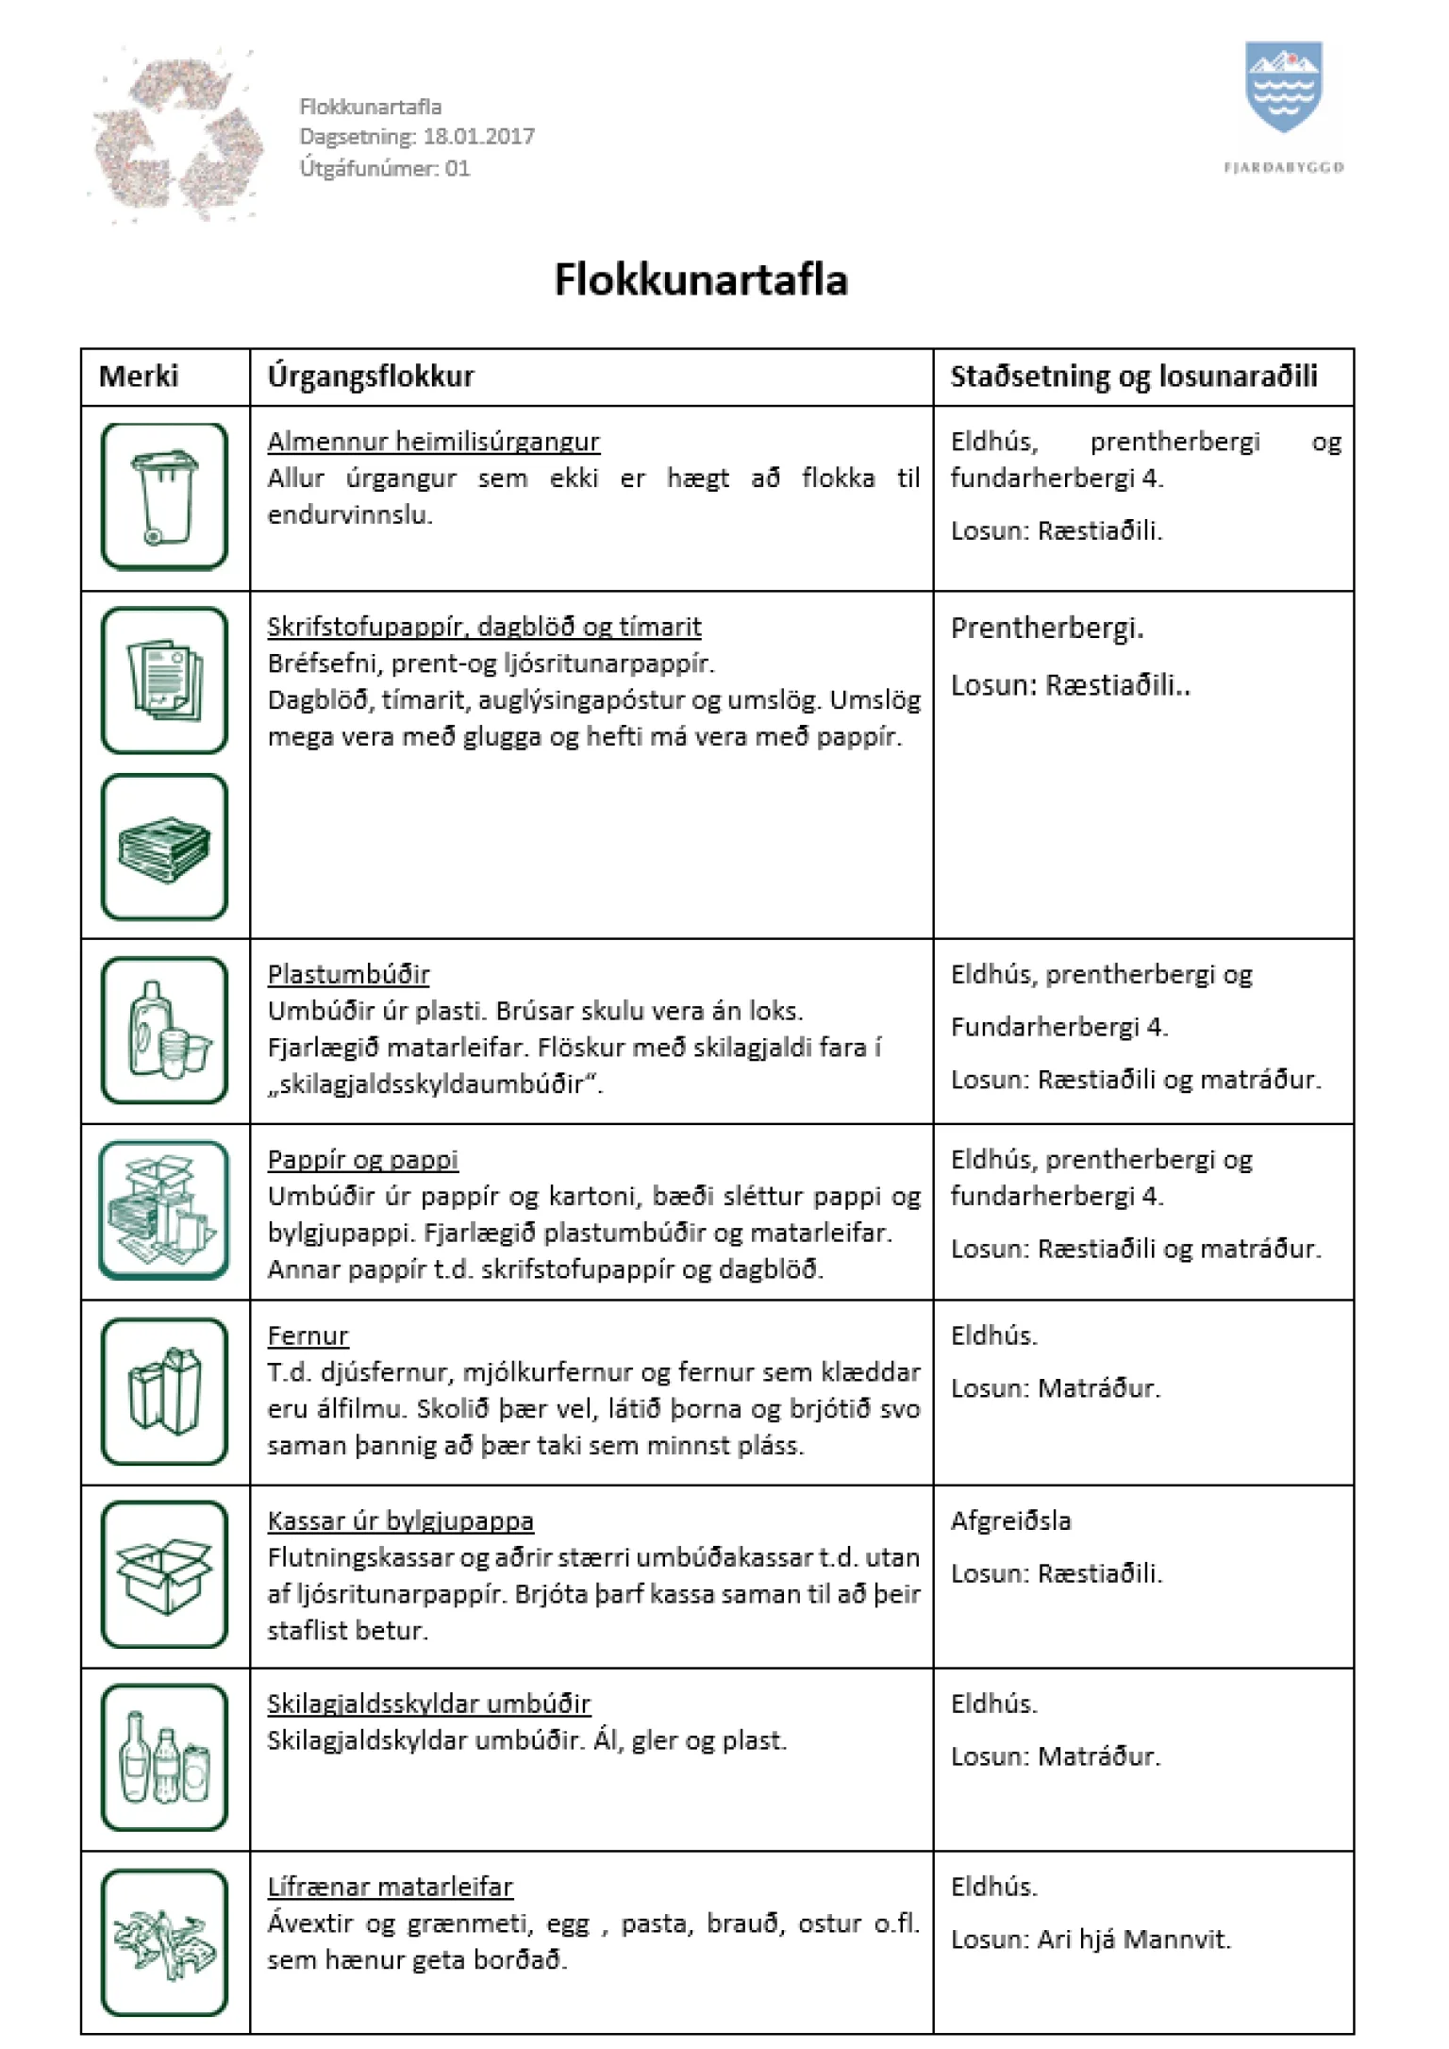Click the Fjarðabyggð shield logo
pyautogui.click(x=1283, y=87)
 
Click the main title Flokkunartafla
pyautogui.click(x=701, y=280)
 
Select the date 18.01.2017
pyautogui.click(x=478, y=137)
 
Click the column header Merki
pyautogui.click(x=139, y=377)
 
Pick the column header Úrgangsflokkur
pyautogui.click(x=371, y=377)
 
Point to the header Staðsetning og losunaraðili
pyautogui.click(x=1133, y=377)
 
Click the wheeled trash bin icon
pyautogui.click(x=165, y=496)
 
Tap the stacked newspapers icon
pyautogui.click(x=165, y=847)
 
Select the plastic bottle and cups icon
pyautogui.click(x=165, y=1030)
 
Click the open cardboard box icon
pyautogui.click(x=165, y=1574)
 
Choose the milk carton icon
pyautogui.click(x=165, y=1391)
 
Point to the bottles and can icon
pyautogui.click(x=165, y=1757)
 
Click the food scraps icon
pyautogui.click(x=165, y=1942)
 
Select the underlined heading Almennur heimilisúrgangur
pyautogui.click(x=433, y=442)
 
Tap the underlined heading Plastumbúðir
pyautogui.click(x=348, y=974)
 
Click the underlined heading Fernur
pyautogui.click(x=308, y=1335)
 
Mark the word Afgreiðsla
pyautogui.click(x=1010, y=1520)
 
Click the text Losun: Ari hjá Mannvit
pyautogui.click(x=1091, y=1940)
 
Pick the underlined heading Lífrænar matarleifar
pyautogui.click(x=390, y=1887)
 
